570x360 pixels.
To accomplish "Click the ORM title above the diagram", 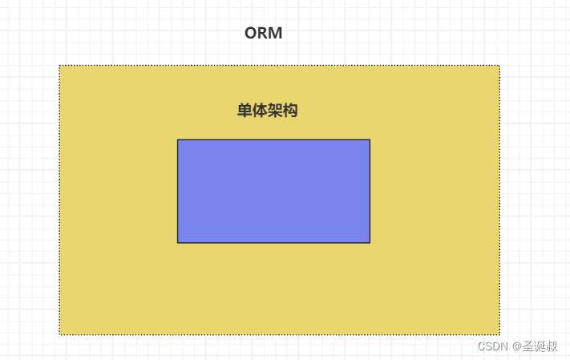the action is (x=263, y=34).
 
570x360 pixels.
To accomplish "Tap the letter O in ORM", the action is (x=251, y=34).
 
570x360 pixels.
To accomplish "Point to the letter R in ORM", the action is (x=262, y=34).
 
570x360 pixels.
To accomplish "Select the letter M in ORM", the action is (x=275, y=34).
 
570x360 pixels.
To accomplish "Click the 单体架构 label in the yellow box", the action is (x=268, y=111).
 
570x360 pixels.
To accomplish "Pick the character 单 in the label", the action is (x=245, y=111).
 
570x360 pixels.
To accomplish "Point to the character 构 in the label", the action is (x=290, y=111).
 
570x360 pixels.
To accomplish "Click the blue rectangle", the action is (x=273, y=191).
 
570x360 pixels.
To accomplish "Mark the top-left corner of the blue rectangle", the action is (x=178, y=140).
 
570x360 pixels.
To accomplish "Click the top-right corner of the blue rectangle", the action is (x=370, y=140).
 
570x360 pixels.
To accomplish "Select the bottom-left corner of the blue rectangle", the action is (x=178, y=242).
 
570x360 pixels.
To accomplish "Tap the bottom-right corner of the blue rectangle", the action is (x=370, y=242).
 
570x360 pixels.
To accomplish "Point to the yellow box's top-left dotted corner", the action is (x=59, y=66).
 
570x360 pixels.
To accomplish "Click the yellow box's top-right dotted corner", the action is (x=499, y=66).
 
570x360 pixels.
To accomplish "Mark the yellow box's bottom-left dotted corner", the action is (x=59, y=334).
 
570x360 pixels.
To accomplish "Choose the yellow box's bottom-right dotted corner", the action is (x=499, y=334).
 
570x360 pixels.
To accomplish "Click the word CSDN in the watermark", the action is (x=492, y=346).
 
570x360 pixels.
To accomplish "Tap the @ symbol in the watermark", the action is (x=517, y=346).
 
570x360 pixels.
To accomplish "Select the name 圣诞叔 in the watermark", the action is (x=540, y=346).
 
